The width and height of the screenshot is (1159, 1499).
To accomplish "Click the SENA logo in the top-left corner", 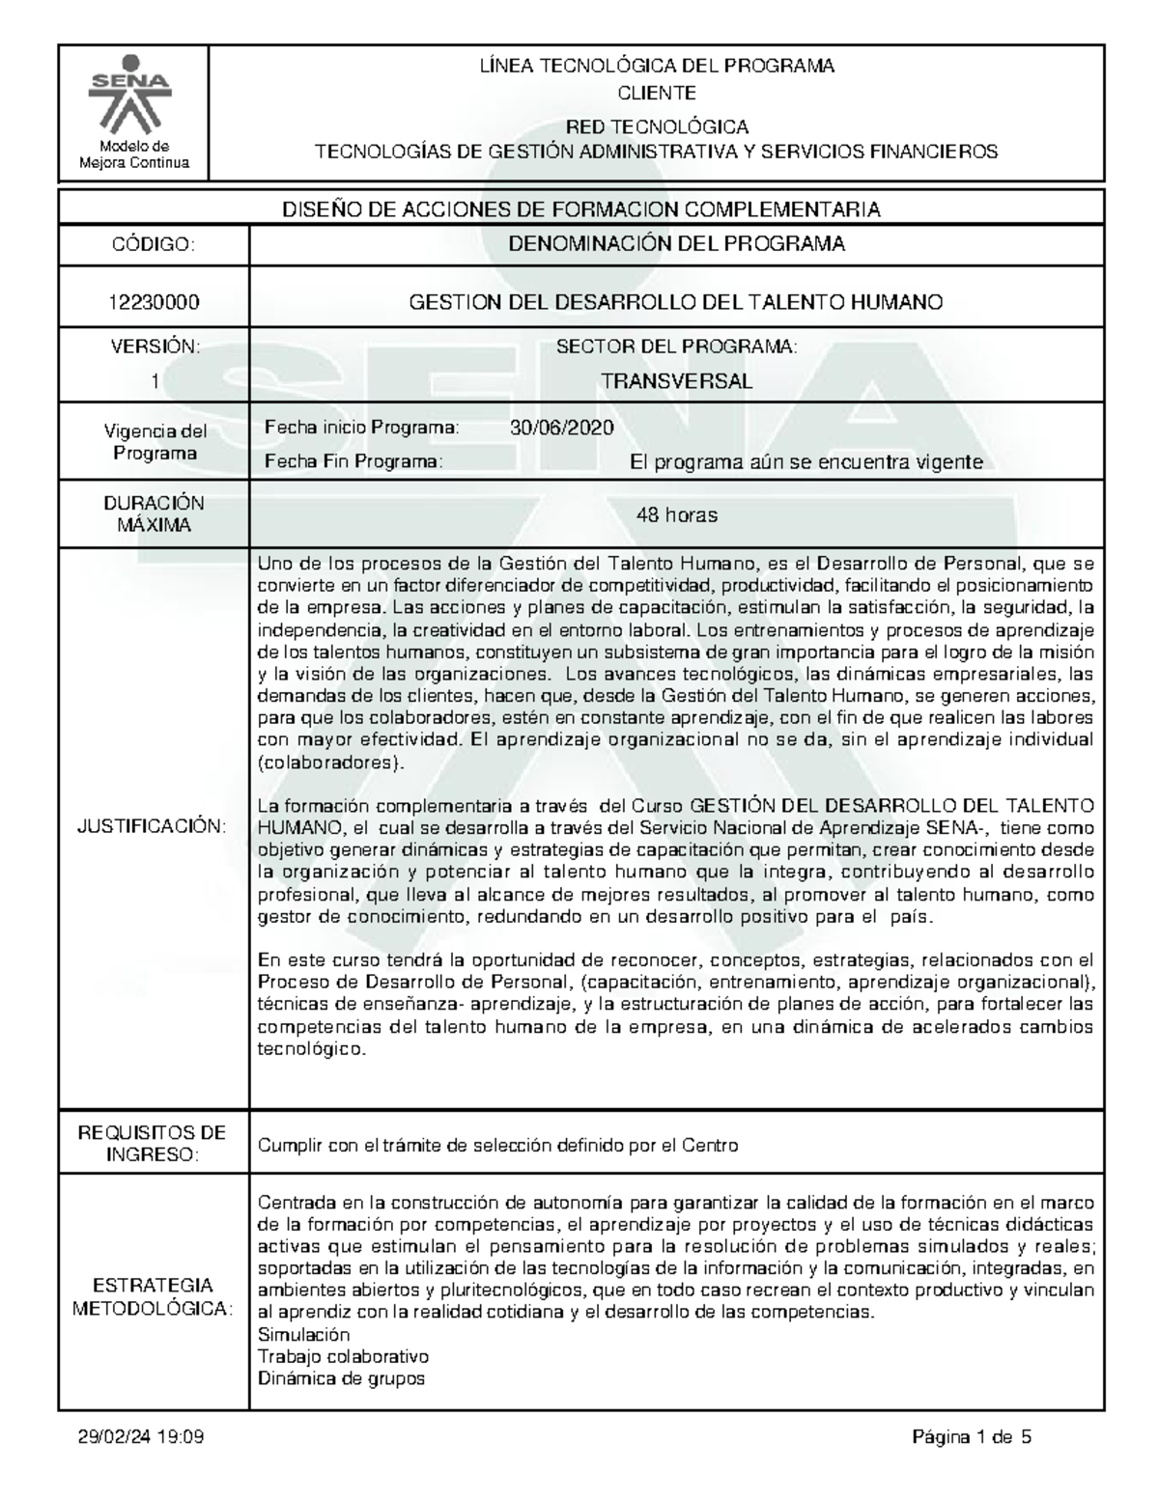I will (134, 102).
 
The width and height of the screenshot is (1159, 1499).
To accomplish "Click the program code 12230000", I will (155, 302).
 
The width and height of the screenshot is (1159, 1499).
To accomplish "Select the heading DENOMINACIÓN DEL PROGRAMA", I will (676, 244).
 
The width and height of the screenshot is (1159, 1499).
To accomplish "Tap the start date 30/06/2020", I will (561, 428).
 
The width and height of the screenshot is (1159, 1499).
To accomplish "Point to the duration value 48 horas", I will (676, 514).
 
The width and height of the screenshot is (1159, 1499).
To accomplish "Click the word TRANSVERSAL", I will (676, 381).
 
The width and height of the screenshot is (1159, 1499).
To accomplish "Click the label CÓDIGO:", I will (155, 245).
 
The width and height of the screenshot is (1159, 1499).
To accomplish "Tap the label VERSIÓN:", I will (155, 347).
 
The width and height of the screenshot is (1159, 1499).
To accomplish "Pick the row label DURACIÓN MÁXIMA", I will (155, 514).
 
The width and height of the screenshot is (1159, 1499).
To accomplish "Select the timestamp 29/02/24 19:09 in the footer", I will (141, 1438).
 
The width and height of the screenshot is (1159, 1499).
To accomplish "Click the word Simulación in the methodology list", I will (303, 1335).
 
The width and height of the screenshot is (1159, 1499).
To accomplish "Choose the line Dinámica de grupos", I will (341, 1378).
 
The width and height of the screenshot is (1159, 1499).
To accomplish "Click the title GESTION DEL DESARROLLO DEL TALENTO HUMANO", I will (676, 302).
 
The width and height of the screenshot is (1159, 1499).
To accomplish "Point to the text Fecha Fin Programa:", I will (353, 462).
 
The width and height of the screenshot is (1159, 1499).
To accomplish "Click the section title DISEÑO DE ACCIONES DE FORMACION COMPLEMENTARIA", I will (580, 209).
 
